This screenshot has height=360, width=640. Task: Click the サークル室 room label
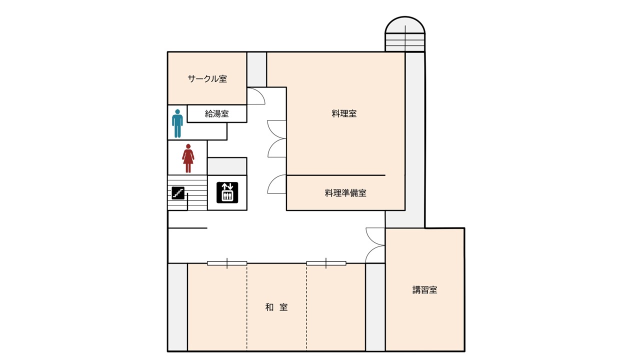(x=207, y=78)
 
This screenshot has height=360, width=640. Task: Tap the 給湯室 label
(x=217, y=113)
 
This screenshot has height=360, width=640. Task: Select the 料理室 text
(x=344, y=113)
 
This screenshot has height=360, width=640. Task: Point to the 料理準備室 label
(x=345, y=193)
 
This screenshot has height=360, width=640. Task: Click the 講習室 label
(x=424, y=289)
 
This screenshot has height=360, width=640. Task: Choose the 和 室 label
(x=276, y=307)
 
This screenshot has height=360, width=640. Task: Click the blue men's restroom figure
(x=177, y=123)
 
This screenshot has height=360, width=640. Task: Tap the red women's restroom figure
(x=188, y=158)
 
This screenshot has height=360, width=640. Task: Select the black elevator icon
(x=227, y=192)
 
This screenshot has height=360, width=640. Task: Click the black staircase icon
(x=178, y=193)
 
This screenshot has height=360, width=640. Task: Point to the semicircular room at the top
(x=405, y=34)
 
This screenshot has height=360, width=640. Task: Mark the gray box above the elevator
(x=227, y=166)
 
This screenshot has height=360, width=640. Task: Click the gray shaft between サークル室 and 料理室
(x=256, y=69)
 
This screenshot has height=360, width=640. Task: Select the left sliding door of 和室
(x=227, y=263)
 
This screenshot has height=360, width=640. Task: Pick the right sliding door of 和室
(x=326, y=263)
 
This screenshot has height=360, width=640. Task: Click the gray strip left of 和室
(x=177, y=307)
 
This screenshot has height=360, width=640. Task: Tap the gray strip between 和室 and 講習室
(x=375, y=307)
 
